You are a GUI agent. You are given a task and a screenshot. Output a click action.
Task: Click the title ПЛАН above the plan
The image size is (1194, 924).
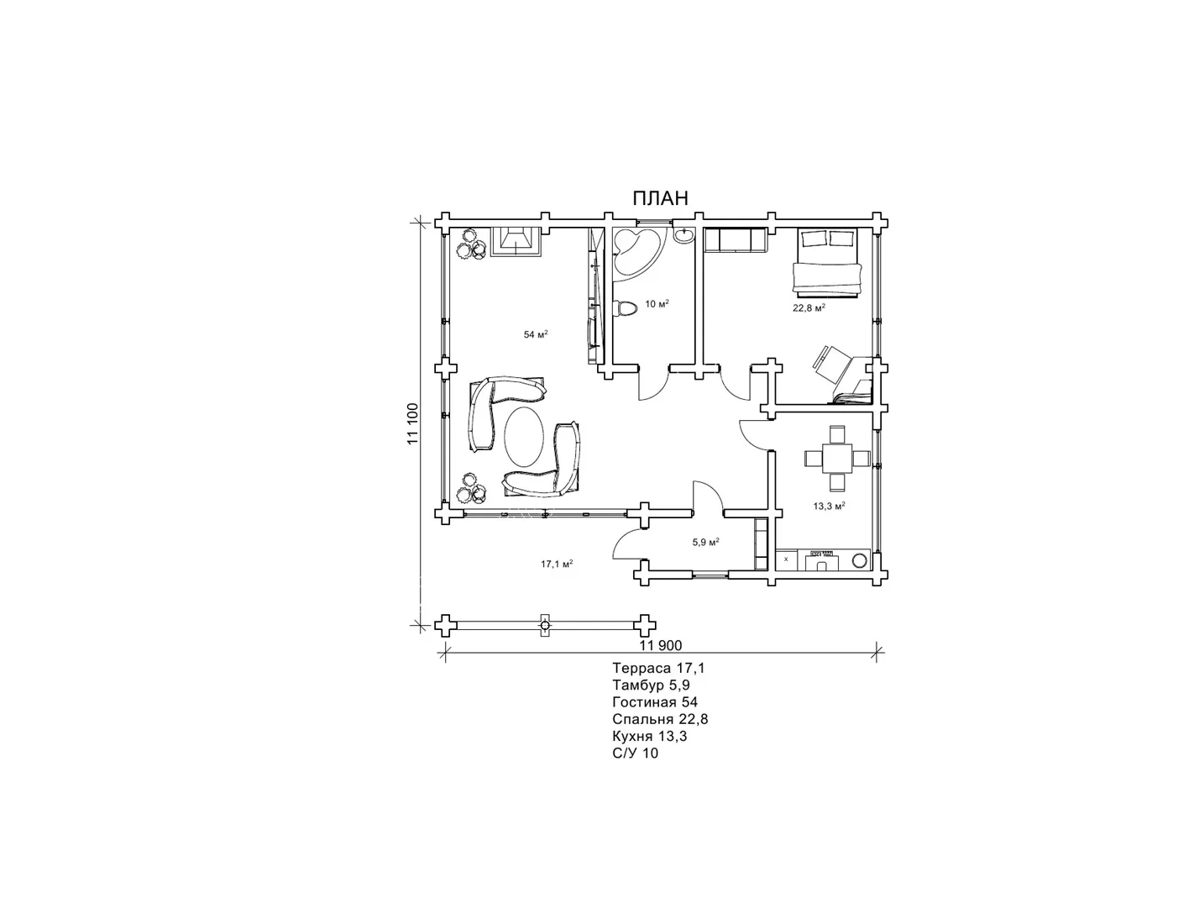660,198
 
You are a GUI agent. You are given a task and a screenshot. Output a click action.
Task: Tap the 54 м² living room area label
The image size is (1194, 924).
536,334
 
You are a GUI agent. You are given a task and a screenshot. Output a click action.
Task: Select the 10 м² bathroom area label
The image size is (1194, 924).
657,303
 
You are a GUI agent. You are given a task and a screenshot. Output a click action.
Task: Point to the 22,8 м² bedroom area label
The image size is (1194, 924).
809,307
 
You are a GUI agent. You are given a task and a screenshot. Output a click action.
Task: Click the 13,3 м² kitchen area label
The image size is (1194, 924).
829,506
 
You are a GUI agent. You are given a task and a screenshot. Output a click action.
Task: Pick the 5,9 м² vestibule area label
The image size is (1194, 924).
706,542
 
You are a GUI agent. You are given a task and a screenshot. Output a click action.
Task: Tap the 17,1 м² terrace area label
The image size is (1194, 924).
558,564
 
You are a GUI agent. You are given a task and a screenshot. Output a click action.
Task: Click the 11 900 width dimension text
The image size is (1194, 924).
661,645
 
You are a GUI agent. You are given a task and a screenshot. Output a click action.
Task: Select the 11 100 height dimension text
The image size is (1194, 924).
413,424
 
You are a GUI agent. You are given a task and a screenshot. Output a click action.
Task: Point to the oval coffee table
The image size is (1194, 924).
524,437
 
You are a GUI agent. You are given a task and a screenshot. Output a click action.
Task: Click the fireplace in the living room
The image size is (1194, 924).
132,241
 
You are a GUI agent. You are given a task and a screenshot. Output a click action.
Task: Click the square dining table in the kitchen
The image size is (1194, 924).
838,458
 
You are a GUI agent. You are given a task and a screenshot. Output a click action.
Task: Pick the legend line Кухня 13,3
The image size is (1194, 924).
650,737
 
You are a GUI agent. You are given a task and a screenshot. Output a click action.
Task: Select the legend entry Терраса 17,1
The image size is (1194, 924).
659,669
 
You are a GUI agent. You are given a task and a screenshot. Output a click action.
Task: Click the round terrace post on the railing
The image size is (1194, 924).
545,626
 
